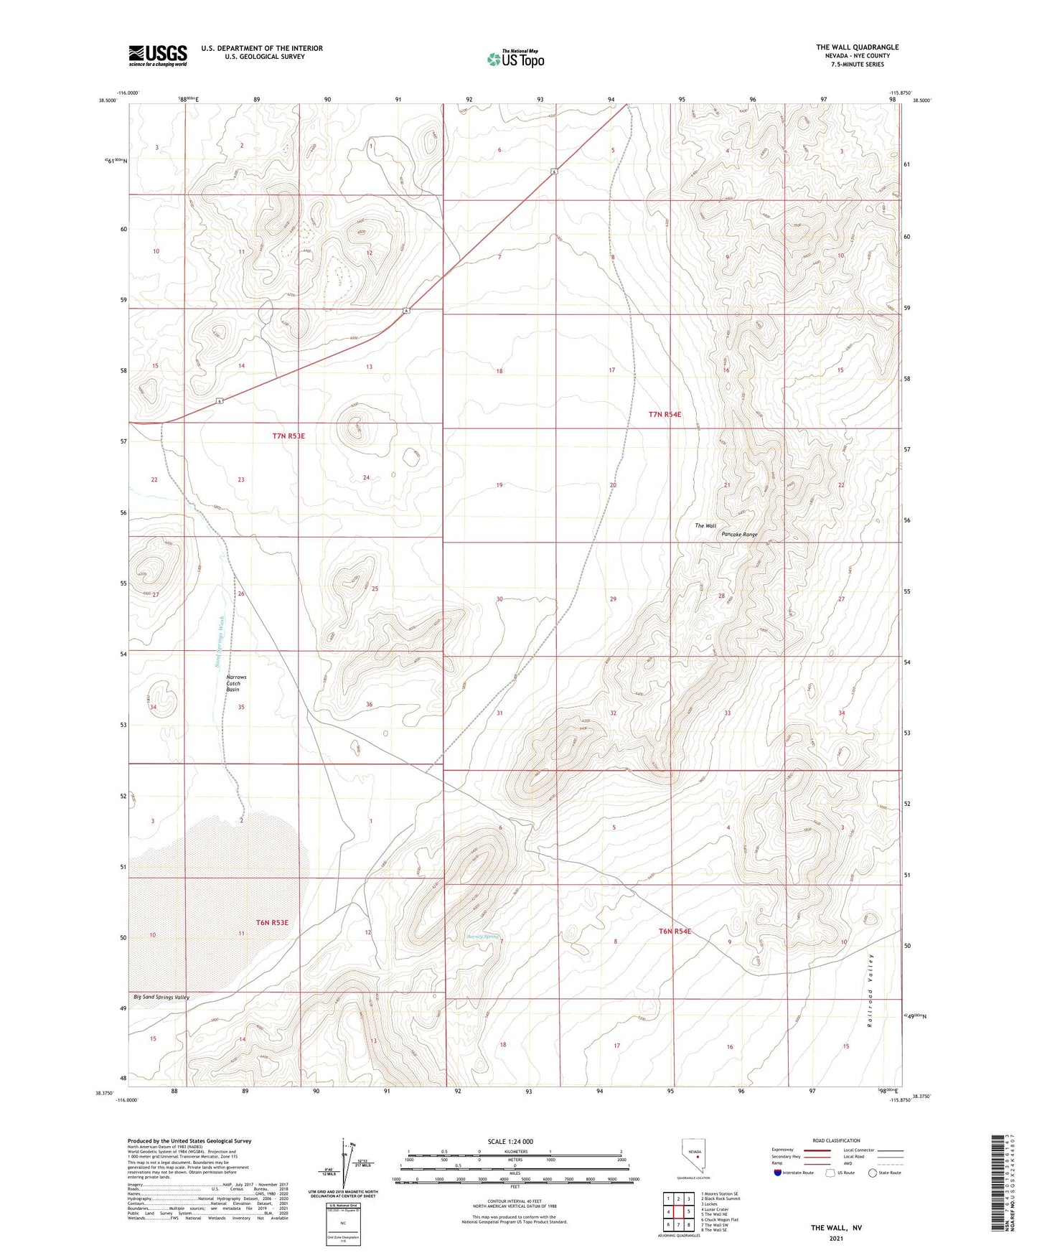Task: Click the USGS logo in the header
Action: click(158, 55)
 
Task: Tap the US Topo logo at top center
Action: click(515, 58)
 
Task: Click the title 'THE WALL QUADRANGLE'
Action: click(857, 47)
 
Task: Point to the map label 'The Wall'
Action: click(705, 525)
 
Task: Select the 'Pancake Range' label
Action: click(739, 535)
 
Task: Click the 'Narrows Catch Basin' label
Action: click(236, 682)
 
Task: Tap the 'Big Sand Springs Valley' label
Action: click(161, 998)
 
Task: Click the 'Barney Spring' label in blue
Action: click(482, 937)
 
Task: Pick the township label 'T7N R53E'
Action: click(288, 436)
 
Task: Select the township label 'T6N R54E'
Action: click(675, 931)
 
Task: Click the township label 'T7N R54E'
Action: click(665, 414)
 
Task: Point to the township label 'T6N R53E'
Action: click(272, 922)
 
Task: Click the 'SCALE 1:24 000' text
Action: click(510, 1142)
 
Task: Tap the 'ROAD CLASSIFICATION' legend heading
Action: click(836, 1140)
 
